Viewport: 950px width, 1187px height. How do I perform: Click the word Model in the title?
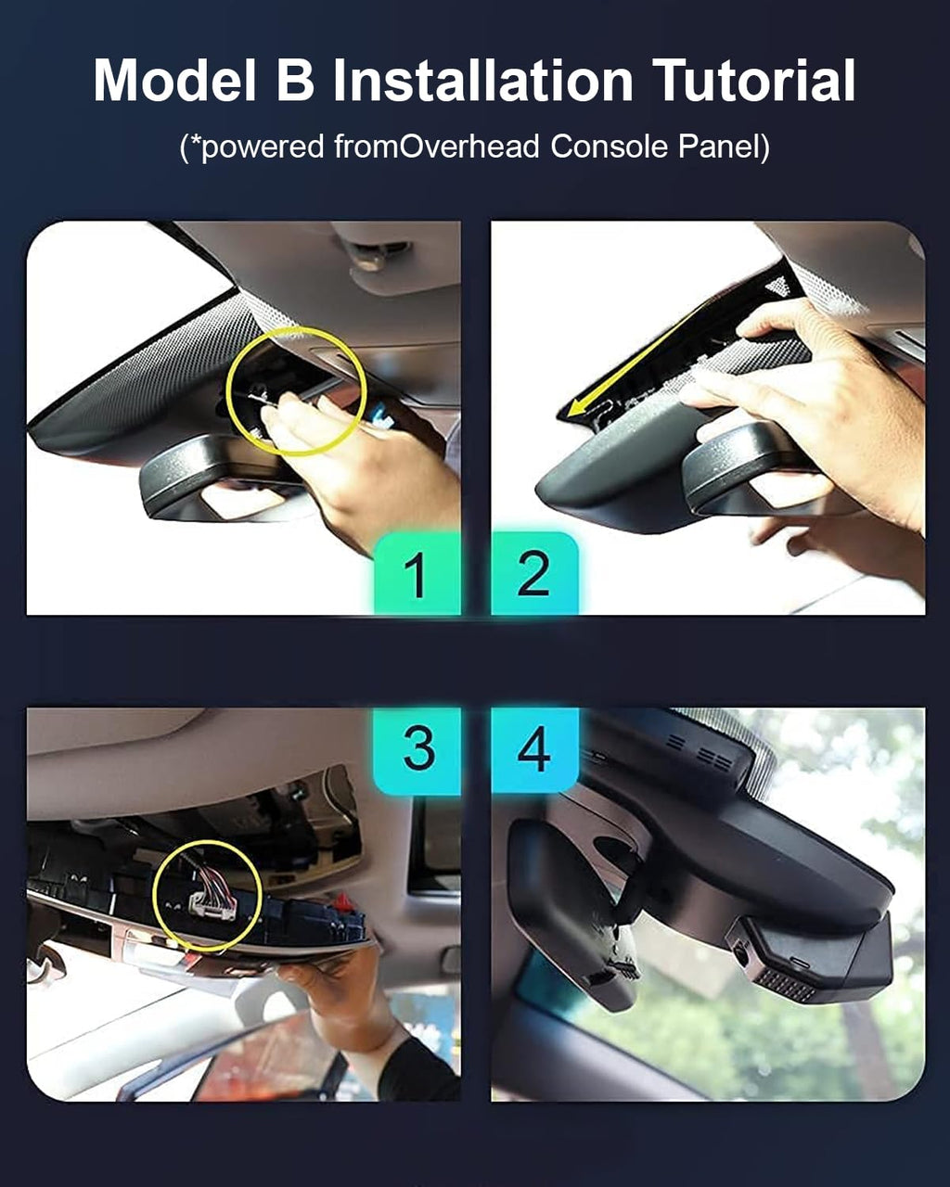[175, 80]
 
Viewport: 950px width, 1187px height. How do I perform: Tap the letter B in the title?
[296, 81]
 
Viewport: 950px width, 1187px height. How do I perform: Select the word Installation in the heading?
[483, 80]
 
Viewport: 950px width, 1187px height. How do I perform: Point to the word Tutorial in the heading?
[754, 80]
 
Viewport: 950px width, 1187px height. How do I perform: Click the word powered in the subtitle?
[263, 147]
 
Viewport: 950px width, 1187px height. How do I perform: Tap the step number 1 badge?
[417, 574]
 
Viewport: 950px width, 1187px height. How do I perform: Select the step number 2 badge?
[534, 574]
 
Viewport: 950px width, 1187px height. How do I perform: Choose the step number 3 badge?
[417, 751]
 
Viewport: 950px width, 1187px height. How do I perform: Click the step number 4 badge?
[534, 751]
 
